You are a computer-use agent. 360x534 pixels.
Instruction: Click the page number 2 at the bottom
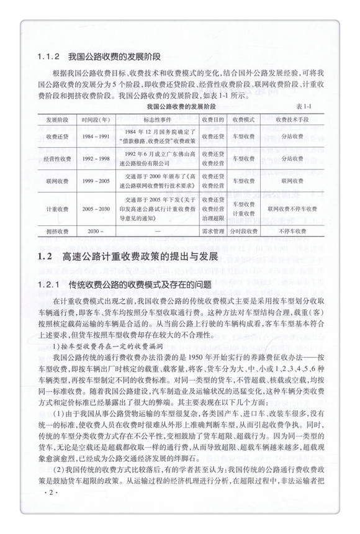point(51,510)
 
